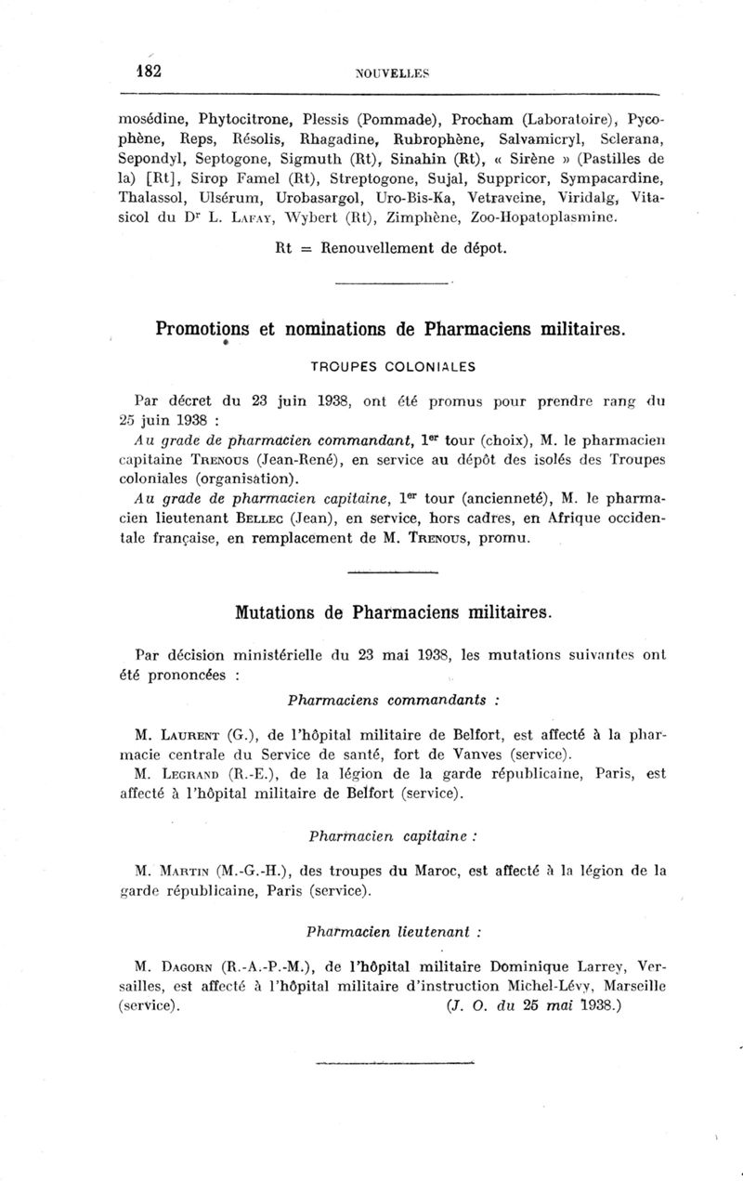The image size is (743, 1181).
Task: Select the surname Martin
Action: (189, 872)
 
